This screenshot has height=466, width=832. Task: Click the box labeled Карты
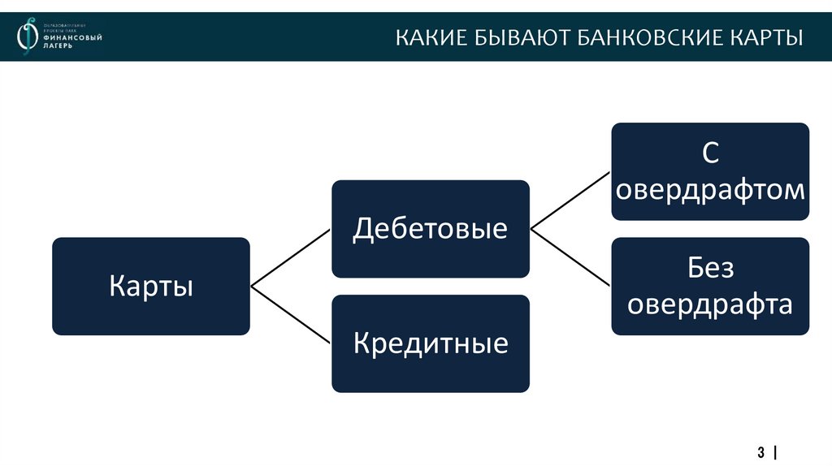151,286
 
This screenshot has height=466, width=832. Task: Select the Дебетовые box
430,228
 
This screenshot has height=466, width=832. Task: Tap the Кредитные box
430,343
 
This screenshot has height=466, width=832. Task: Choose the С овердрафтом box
710,171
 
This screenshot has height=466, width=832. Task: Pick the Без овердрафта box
710,286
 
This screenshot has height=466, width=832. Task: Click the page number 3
761,451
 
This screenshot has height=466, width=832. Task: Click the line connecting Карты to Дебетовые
291,257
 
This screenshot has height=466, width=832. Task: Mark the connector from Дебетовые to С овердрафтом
570,200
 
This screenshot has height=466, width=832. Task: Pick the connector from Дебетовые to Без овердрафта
570,257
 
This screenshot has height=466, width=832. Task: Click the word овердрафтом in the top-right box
710,190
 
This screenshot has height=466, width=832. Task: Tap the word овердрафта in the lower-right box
710,304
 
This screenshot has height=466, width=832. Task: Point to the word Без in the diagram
710,267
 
